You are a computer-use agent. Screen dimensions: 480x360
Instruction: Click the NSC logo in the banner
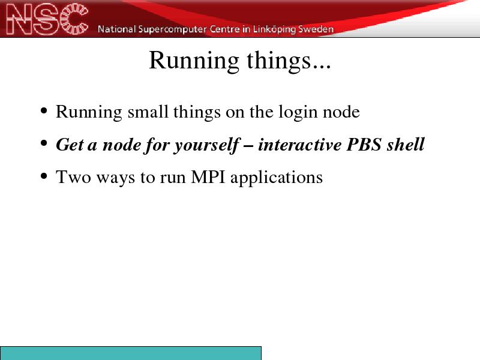point(47,19)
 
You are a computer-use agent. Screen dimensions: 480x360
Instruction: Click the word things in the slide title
point(280,61)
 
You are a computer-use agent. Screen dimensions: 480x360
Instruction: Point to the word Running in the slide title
point(194,61)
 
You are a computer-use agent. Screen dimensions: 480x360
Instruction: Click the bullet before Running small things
point(44,110)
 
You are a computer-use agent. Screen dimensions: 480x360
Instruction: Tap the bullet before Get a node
point(44,143)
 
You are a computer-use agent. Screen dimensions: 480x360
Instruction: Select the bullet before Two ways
point(44,176)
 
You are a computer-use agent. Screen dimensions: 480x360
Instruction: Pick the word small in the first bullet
point(148,112)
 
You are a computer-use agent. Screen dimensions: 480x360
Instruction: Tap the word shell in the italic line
point(406,144)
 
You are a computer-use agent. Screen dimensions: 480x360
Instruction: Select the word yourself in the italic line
point(207,146)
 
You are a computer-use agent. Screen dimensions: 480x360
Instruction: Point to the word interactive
point(299,145)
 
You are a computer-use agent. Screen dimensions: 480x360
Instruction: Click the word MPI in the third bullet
point(208,177)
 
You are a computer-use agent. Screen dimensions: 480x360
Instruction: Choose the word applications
point(277,178)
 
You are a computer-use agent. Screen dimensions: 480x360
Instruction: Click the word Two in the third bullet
point(73,177)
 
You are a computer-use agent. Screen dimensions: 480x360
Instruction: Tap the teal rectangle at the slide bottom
point(131,353)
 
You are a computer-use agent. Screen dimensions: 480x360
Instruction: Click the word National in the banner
point(116,29)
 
